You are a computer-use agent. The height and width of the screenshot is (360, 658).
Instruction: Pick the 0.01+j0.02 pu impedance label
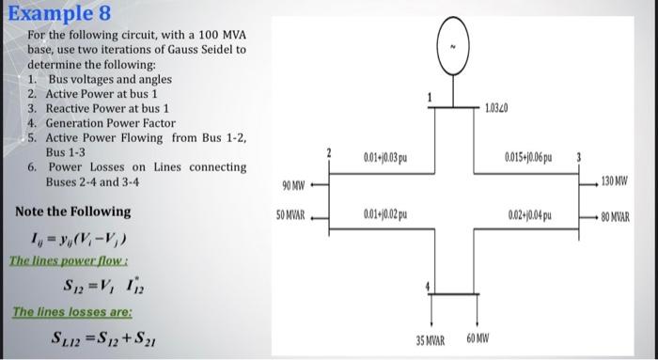[x=384, y=216]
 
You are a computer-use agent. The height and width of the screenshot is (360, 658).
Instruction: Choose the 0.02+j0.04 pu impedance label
[x=531, y=216]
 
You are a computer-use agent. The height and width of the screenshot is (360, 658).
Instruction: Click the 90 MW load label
[x=290, y=181]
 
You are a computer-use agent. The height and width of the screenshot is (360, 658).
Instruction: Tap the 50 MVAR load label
[x=289, y=214]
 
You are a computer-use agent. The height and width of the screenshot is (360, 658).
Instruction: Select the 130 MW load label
[x=622, y=181]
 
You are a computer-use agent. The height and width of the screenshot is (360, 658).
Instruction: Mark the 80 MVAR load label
[x=623, y=216]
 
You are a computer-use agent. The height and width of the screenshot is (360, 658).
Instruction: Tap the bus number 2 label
[x=328, y=150]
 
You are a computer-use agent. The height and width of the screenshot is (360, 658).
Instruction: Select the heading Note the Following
[x=72, y=211]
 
